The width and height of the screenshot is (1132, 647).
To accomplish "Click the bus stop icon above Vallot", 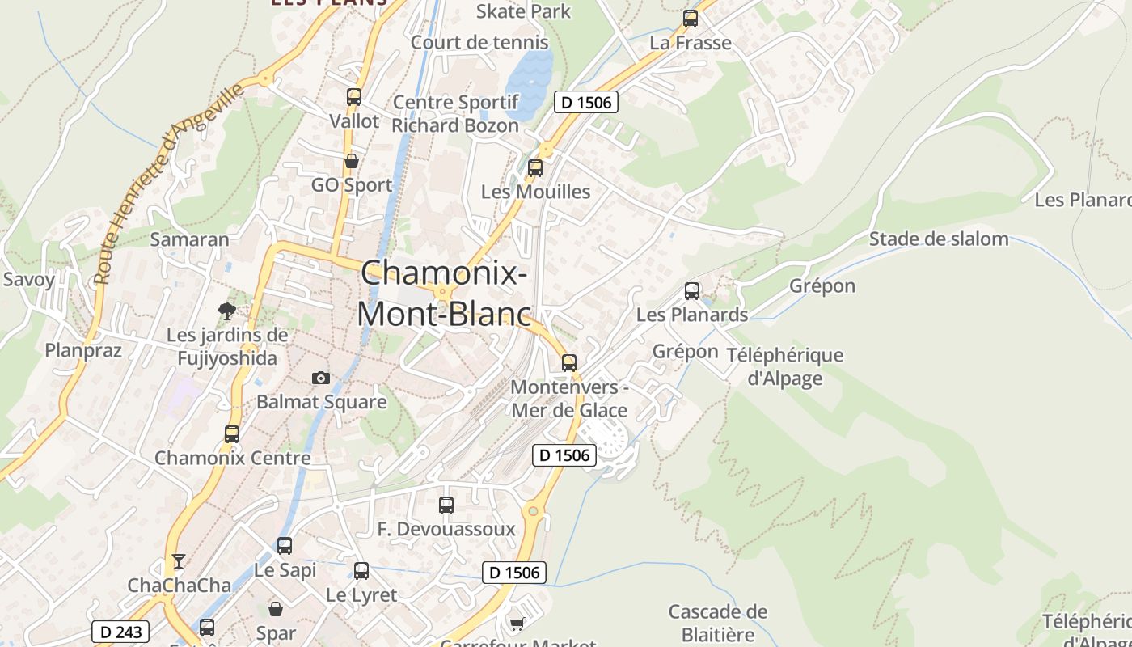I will click(x=353, y=97).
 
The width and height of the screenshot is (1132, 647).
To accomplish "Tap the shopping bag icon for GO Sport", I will click(x=352, y=162).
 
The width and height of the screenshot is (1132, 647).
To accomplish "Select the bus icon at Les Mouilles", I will click(x=534, y=168).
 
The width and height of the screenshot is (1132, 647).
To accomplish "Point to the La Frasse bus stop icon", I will click(x=690, y=19).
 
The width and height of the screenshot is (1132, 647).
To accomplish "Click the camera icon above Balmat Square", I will click(x=321, y=378).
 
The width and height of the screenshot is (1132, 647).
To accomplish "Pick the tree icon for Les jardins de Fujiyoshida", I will click(x=227, y=311).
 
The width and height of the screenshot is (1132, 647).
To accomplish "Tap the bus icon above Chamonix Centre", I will click(x=232, y=434).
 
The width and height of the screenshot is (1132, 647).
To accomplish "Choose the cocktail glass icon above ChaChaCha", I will click(x=179, y=560).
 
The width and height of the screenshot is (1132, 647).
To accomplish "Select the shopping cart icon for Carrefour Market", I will click(x=517, y=624).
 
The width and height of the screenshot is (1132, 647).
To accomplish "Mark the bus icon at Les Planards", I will click(x=691, y=291).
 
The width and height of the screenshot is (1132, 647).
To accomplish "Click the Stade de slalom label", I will click(x=939, y=239).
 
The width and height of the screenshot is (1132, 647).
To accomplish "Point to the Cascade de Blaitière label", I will click(x=717, y=622).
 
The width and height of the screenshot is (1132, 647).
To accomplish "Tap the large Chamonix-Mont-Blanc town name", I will click(x=444, y=293).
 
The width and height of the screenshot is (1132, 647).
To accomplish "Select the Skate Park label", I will click(x=523, y=11).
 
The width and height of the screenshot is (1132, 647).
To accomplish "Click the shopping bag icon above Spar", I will click(x=276, y=609).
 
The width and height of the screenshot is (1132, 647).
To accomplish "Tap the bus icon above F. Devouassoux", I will click(x=446, y=505).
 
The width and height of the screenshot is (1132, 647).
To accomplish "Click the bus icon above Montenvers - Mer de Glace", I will click(x=569, y=363).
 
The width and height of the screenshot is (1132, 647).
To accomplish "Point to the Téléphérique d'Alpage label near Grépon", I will click(x=784, y=366).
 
